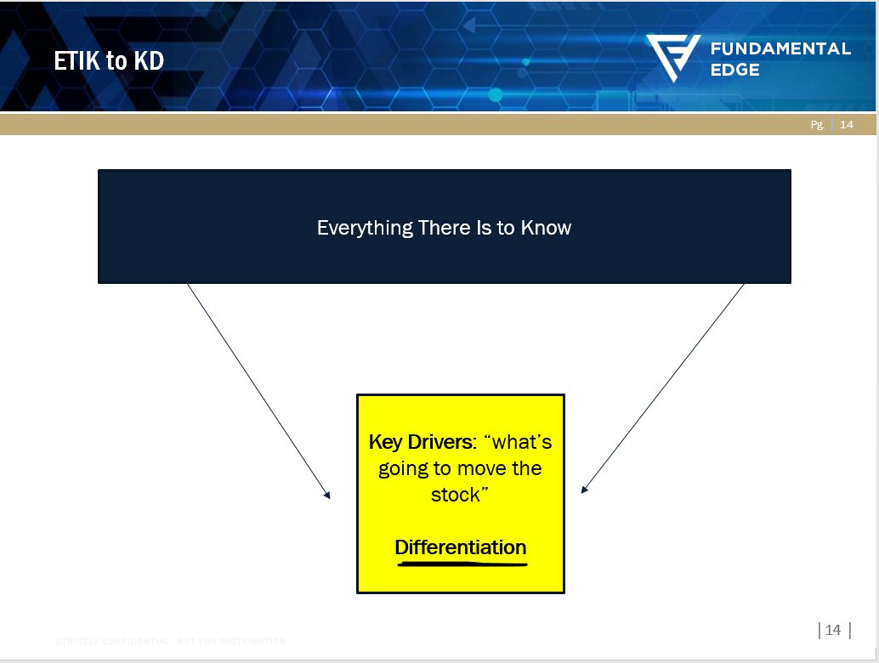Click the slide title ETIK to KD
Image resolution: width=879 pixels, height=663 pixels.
[x=109, y=61]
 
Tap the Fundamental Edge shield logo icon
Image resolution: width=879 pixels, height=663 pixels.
[x=672, y=58]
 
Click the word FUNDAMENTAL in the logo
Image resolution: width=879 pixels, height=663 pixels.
[x=780, y=48]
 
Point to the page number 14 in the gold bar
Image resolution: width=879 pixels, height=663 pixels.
[x=846, y=125]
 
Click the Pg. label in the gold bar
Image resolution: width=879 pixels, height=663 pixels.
[x=817, y=125]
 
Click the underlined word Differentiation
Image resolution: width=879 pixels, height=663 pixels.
[x=460, y=547]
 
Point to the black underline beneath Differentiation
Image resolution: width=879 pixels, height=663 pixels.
[x=460, y=562]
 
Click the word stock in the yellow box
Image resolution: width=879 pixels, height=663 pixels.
[x=456, y=495]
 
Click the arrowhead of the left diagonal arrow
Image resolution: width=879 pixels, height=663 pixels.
[x=327, y=495]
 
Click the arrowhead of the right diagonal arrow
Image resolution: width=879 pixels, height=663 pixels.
[x=584, y=490]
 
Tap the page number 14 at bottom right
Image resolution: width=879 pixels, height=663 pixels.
[x=833, y=630]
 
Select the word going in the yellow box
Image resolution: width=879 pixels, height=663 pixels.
[x=403, y=468]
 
